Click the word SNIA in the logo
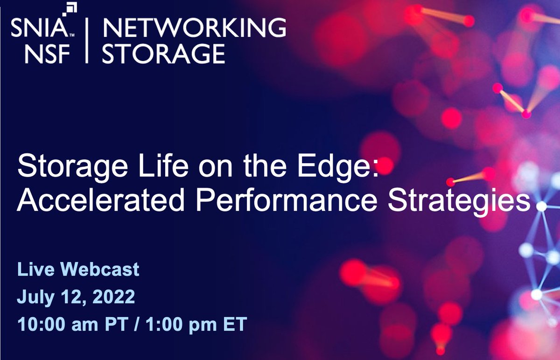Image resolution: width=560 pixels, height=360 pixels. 40,29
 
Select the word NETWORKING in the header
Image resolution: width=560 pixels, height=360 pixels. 194,29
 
